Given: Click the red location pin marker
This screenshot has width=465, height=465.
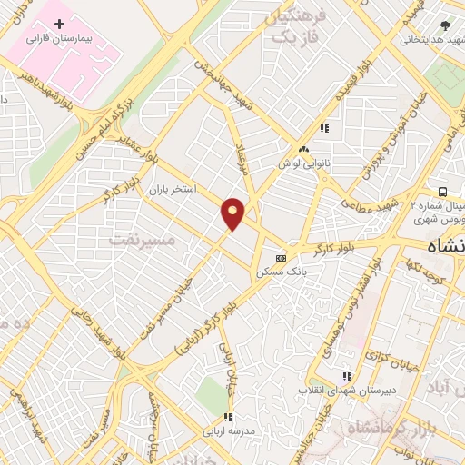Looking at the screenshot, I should (x=233, y=213).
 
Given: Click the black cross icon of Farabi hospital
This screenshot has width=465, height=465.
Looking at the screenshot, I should (x=60, y=22).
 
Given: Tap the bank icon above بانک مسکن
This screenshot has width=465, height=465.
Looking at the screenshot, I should (x=282, y=257).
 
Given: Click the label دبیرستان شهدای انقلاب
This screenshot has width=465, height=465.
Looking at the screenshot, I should (x=344, y=390).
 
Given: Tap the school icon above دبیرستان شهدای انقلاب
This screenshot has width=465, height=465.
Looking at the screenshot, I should (x=345, y=375).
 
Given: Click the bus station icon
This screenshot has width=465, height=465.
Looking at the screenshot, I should (x=441, y=192).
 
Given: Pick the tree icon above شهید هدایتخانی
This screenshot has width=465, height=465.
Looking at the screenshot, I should (x=445, y=25).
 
